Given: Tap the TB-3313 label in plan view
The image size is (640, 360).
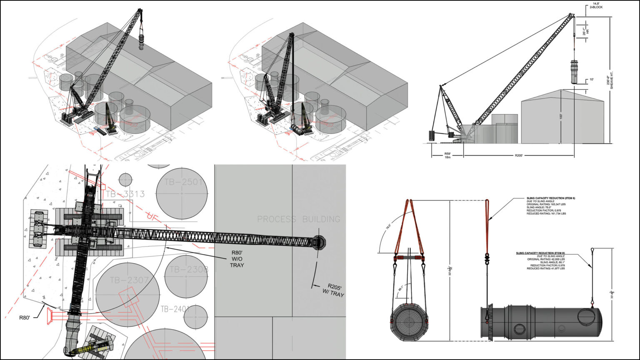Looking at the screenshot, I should coord(125,194).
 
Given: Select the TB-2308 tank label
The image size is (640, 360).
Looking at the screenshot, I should coord(187,270).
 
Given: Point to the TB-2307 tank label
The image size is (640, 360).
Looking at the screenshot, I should coord(129,280).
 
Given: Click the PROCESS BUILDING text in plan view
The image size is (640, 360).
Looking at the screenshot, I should coord(298,219).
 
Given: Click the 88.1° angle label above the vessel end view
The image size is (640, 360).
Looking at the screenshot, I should coord(400,288).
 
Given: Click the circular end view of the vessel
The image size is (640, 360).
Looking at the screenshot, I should coord(409,322).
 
